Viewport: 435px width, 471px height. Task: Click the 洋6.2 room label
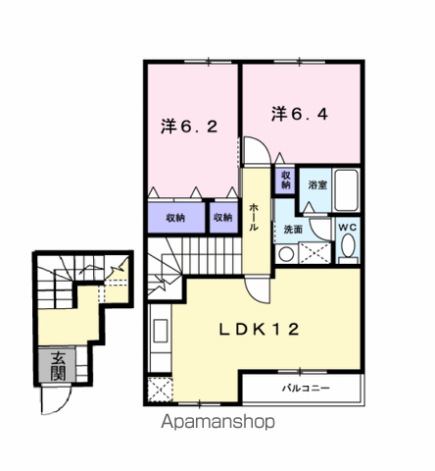coord(189,127)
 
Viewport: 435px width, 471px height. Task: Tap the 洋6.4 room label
coord(300,114)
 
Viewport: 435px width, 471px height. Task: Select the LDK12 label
coord(259,329)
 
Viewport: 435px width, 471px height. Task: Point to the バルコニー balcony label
coord(306,389)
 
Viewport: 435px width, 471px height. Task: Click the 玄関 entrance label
coord(58,366)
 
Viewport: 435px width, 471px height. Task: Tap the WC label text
coord(348,228)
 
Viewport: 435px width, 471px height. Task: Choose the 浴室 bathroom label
coord(317,184)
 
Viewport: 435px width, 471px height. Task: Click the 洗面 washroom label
coord(293,230)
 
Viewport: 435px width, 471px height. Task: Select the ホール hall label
coord(254,217)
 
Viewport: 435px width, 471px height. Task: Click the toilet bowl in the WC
coord(349,245)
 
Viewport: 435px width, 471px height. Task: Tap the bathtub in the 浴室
coord(346,190)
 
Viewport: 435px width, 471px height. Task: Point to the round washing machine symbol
coord(286,254)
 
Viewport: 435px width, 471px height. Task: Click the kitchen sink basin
coord(161,331)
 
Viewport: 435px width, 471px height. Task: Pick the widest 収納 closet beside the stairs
coord(176,218)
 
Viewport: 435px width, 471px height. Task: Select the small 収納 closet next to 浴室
coord(286,181)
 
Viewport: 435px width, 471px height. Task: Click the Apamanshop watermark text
coord(217,422)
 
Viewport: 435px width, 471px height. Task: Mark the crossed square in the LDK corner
coord(160,390)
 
